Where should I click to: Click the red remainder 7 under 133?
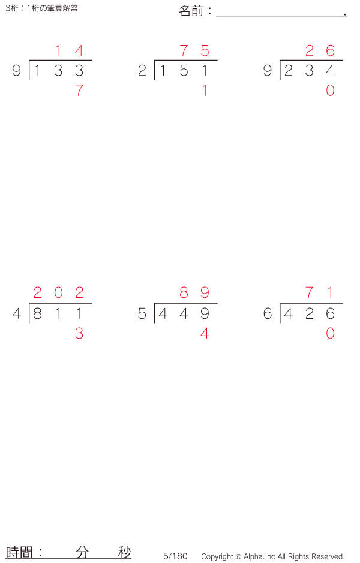click(79, 90)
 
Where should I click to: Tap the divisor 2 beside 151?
click(142, 71)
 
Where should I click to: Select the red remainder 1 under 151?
click(205, 90)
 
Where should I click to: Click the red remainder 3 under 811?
click(79, 333)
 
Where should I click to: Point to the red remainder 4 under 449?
click(205, 333)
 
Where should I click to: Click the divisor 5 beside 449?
click(142, 313)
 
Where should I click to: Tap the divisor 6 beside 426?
click(268, 313)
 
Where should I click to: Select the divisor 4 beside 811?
click(17, 313)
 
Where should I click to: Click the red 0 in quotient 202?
click(59, 292)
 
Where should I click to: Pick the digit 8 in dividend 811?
click(37, 313)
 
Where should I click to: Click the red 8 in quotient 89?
click(184, 292)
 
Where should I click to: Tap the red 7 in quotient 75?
click(184, 50)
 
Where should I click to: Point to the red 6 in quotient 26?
click(330, 50)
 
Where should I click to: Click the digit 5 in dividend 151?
click(184, 71)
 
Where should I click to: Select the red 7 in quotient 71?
click(310, 292)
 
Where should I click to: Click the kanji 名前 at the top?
click(191, 11)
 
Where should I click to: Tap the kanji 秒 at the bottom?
click(124, 552)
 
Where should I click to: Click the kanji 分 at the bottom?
click(82, 552)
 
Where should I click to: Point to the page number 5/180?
click(175, 556)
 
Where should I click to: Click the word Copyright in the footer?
click(217, 556)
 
